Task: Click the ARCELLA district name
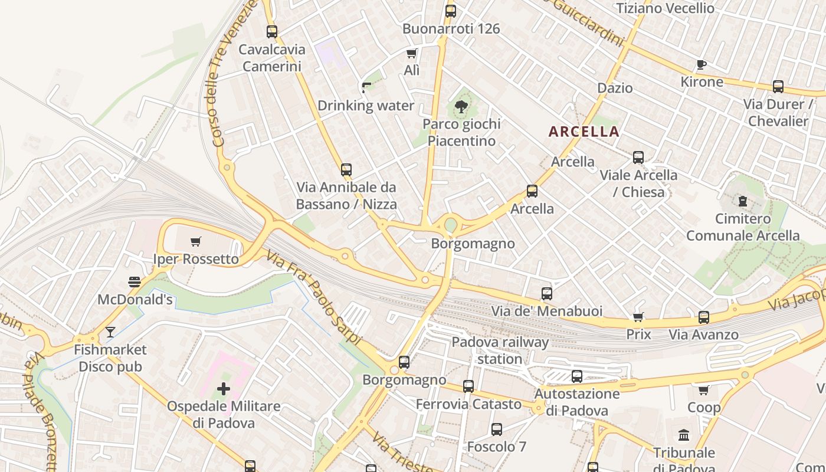click(584, 132)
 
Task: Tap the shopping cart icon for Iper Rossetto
click(196, 241)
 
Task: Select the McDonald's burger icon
click(135, 282)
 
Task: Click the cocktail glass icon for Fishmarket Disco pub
click(110, 332)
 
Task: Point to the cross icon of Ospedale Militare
click(224, 389)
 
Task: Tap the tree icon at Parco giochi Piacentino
click(461, 107)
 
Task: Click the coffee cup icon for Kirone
click(702, 64)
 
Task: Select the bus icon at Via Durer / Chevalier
click(778, 87)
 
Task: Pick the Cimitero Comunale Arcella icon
click(743, 201)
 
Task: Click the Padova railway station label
click(500, 350)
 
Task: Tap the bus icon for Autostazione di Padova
click(577, 376)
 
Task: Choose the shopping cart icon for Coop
click(703, 390)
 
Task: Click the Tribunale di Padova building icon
click(684, 435)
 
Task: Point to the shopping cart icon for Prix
click(638, 317)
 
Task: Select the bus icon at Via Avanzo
click(703, 317)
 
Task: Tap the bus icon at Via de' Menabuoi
click(547, 293)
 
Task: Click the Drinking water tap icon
click(366, 88)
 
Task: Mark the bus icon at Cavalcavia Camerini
click(272, 32)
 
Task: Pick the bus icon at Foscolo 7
click(497, 430)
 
